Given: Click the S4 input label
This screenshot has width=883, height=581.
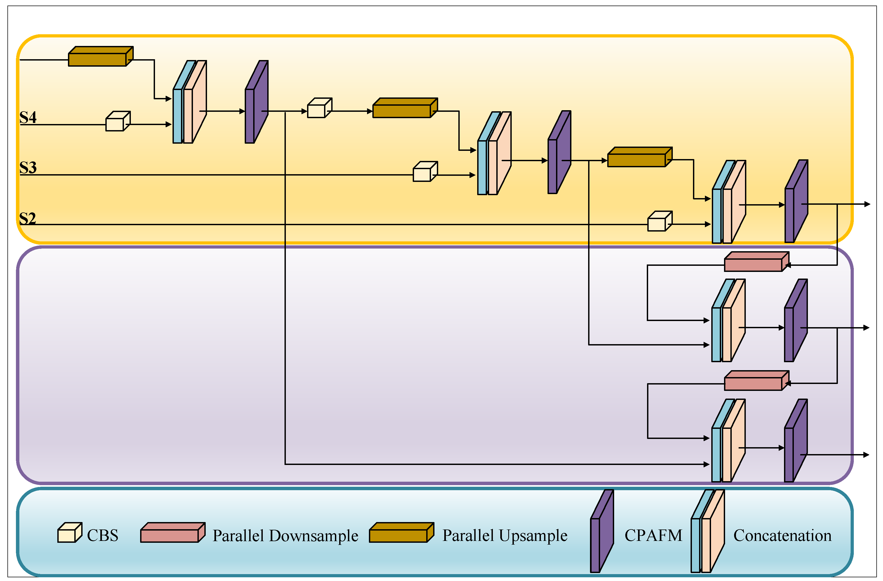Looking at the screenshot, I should pos(28,117).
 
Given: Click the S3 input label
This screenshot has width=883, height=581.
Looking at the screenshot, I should pos(28,168).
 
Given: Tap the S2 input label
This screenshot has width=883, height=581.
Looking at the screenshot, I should pos(28,218).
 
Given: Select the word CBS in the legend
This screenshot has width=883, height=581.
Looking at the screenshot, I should pos(103,535).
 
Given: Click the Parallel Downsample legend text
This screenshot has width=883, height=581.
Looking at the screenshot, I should pos(285,536).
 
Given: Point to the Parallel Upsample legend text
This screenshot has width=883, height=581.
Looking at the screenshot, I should pos(505,536).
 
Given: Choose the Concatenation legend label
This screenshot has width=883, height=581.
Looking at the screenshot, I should pos(782,535).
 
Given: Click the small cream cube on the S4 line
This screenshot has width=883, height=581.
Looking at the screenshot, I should pos(118,121).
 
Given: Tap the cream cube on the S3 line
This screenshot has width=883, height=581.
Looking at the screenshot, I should pos(425,172).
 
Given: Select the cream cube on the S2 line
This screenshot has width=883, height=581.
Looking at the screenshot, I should pos(660,222).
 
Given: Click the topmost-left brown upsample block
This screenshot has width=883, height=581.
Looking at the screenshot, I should pos(100,57).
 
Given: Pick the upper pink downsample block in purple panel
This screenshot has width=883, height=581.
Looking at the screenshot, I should pos(756,262).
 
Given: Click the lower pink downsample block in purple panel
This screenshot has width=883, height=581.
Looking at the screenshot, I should pos(756,381).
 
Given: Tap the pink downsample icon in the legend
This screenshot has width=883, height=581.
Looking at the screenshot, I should pos(173,533).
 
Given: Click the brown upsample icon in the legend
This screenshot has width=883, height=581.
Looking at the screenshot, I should pos(402,533).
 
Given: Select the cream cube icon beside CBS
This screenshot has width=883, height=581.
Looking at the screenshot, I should pos(69,533).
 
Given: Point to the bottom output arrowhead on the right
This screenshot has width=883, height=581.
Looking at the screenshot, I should pos(867,455).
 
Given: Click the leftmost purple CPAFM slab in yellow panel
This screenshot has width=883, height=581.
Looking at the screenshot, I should pos(256,102).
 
